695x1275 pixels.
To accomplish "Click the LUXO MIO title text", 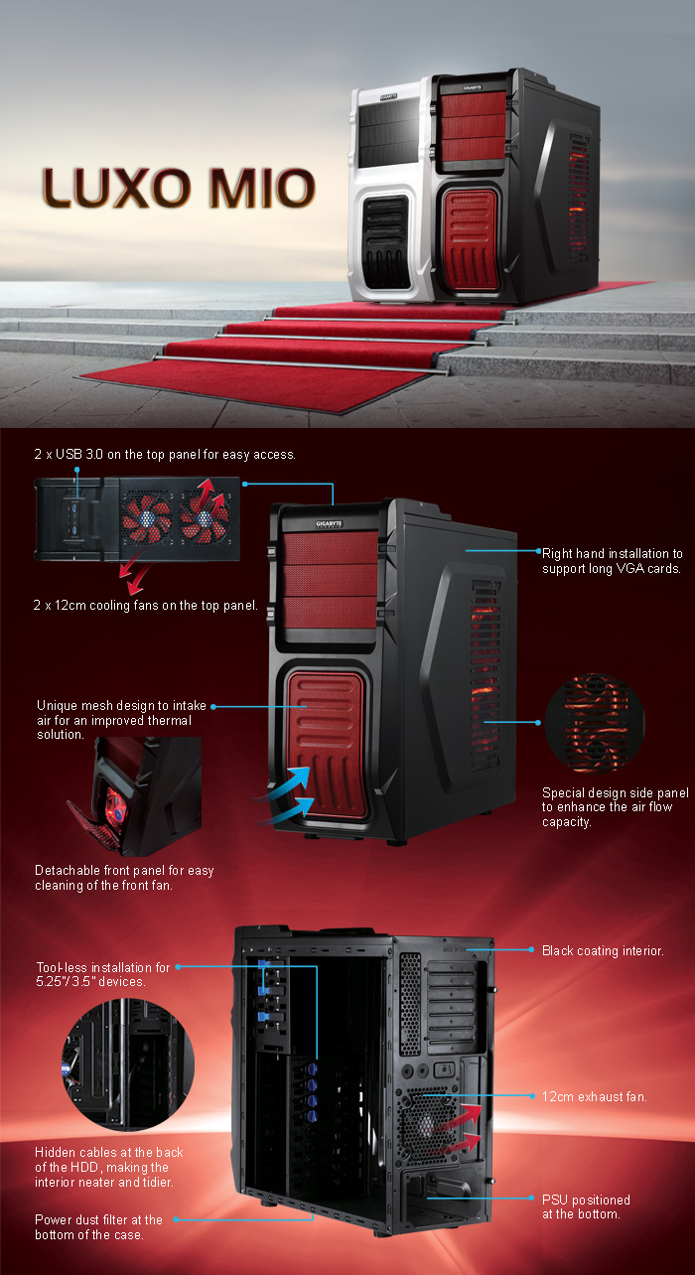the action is pyautogui.click(x=179, y=188).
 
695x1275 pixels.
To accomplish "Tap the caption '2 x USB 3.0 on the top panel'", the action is pyautogui.click(x=165, y=454).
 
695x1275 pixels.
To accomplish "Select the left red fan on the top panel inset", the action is pyautogui.click(x=147, y=518).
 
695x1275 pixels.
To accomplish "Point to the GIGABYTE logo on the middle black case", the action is pyautogui.click(x=329, y=523).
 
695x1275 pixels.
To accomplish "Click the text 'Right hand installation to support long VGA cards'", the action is pyautogui.click(x=612, y=561).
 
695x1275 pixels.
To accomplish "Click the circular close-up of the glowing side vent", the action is pyautogui.click(x=595, y=722).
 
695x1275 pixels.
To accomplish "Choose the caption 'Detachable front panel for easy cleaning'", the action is pyautogui.click(x=124, y=877).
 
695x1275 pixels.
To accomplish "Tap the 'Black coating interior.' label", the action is pyautogui.click(x=603, y=950).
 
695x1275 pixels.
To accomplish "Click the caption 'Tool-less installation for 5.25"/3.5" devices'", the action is pyautogui.click(x=103, y=974).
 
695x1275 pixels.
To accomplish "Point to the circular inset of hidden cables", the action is pyautogui.click(x=128, y=1063).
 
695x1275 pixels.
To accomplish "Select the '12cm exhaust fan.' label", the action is pyautogui.click(x=595, y=1095).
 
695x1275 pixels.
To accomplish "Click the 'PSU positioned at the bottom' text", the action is pyautogui.click(x=586, y=1206).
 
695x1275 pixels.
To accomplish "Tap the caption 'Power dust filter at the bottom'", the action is pyautogui.click(x=98, y=1226).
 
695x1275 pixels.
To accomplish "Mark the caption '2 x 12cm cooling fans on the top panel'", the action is pyautogui.click(x=145, y=605).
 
